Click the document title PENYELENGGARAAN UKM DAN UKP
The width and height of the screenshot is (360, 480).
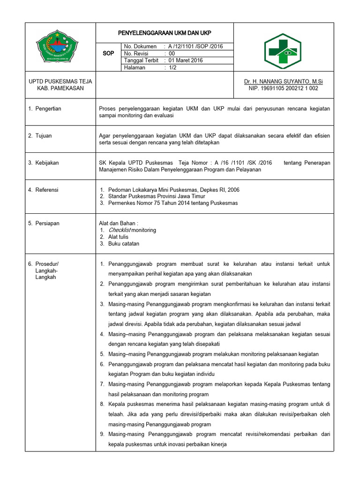coord(164,33)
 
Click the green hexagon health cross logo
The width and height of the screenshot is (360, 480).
coord(284,52)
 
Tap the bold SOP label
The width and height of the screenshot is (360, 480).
coord(108,53)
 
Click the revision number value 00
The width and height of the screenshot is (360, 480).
coord(172,53)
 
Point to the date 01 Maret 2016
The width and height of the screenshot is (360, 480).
coord(186,60)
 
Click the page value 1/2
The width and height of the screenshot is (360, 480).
coord(172,67)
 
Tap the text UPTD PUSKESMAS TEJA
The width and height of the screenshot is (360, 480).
coord(60,82)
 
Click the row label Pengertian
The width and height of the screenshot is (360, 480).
coord(48,109)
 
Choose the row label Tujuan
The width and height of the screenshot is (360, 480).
coord(44,136)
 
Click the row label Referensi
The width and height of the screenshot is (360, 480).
coord(47,190)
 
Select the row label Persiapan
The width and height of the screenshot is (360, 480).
coord(47,224)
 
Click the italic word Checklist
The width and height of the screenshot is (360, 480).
coord(120,230)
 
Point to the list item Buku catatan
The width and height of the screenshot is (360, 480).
coord(124,244)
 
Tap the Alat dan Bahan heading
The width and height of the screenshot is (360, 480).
coord(118,224)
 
